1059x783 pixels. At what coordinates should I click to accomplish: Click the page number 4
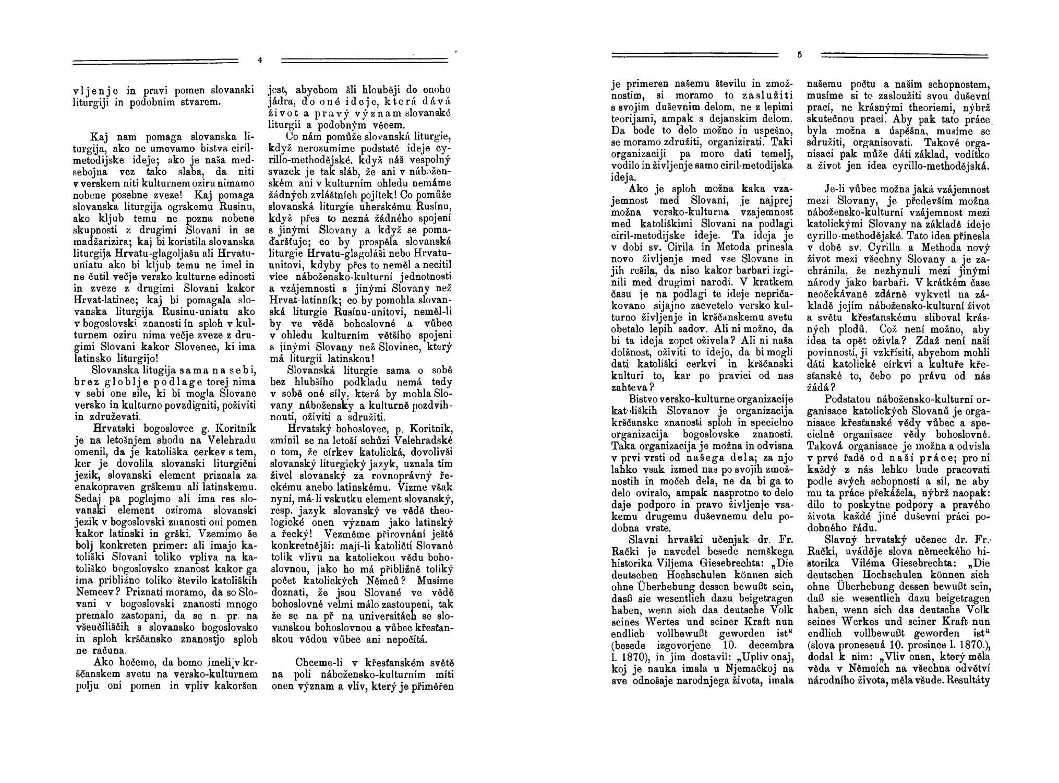coord(260,60)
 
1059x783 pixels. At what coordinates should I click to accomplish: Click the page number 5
coord(799,54)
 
